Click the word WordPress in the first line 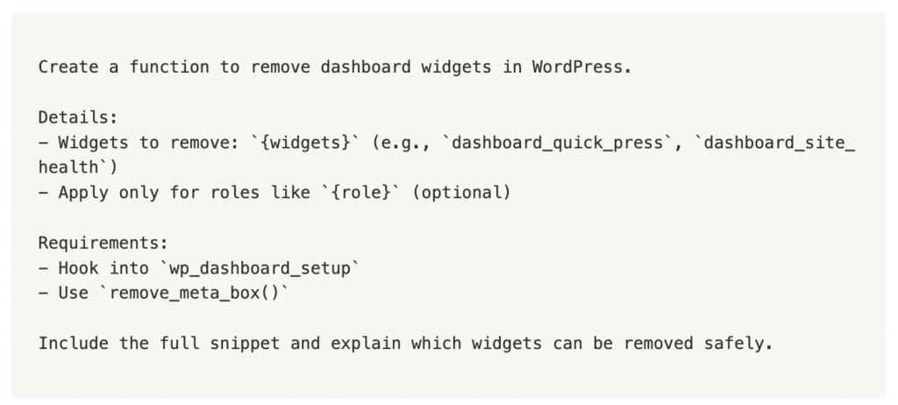tap(581, 67)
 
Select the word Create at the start tap(68, 67)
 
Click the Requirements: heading tap(103, 243)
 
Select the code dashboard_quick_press tap(558, 143)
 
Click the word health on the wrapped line tap(68, 167)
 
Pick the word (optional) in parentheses tap(460, 193)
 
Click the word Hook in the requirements tap(78, 268)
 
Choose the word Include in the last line tap(74, 343)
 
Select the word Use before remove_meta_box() tap(74, 293)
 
